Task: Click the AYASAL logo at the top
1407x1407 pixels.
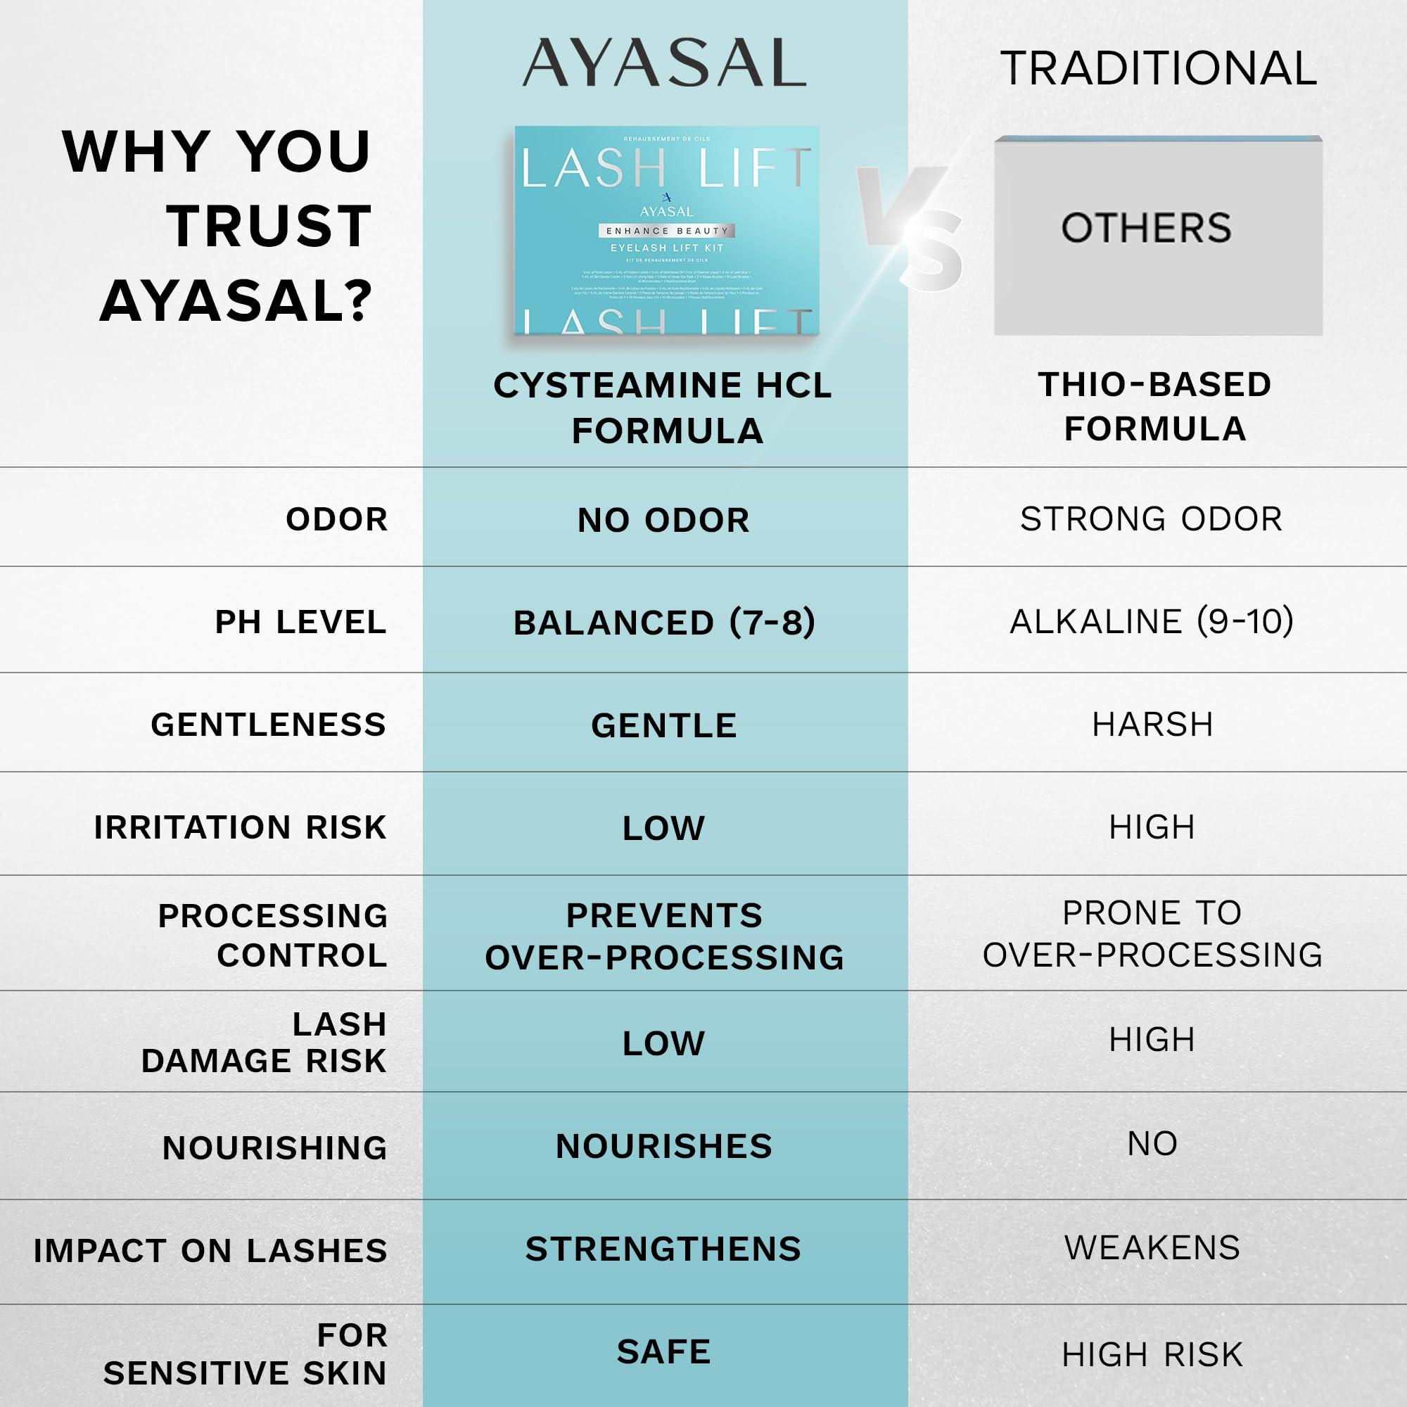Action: [664, 63]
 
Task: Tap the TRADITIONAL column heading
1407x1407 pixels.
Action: [1158, 68]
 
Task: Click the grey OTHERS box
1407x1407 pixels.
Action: [1158, 234]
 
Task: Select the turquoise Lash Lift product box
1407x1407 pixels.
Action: [666, 229]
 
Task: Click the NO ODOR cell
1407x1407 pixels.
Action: [663, 520]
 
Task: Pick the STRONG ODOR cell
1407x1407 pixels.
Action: [1151, 518]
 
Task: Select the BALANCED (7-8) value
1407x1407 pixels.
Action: [664, 622]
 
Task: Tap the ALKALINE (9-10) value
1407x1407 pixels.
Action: [1152, 621]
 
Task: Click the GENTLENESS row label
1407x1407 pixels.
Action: [268, 725]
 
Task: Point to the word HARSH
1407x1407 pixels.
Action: [1152, 725]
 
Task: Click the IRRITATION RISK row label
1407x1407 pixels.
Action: [241, 827]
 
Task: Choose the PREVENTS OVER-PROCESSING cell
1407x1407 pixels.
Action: [664, 936]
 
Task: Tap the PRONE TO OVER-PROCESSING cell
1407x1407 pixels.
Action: [1152, 934]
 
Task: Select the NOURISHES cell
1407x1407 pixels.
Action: [663, 1146]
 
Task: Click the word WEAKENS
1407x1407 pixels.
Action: [1152, 1247]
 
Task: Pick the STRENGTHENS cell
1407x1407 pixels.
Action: [663, 1249]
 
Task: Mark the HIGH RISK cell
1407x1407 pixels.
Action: [1152, 1354]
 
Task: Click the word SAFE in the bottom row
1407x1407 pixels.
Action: [663, 1351]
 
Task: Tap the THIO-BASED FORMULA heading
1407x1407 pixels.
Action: [1154, 406]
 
